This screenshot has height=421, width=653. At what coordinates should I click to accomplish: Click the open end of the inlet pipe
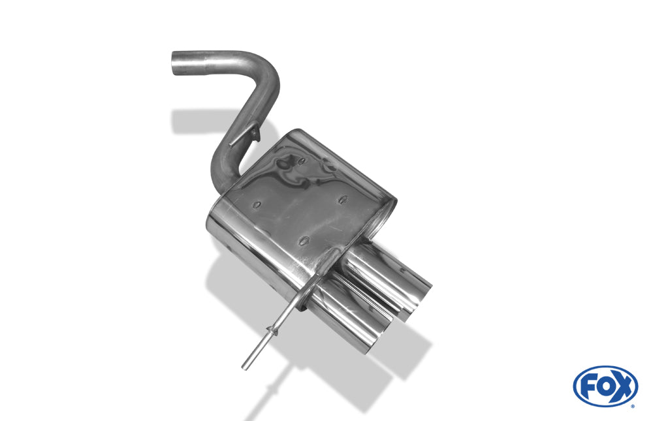coord(175,64)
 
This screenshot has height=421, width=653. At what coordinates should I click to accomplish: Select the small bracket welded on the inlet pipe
coord(246,138)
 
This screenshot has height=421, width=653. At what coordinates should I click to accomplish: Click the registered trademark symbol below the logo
coord(633,406)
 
